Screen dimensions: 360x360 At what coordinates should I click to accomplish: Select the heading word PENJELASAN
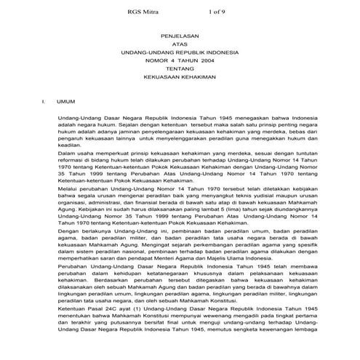(179, 35)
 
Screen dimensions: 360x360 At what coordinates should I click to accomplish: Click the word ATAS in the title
(179, 44)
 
